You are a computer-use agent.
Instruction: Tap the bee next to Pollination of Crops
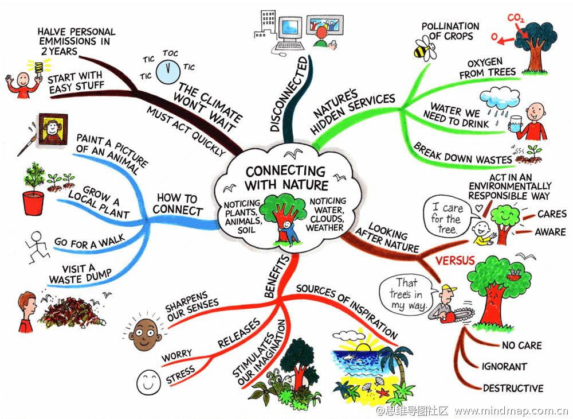click(425, 49)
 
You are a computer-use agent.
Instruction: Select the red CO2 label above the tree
click(516, 18)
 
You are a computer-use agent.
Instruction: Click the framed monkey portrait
click(53, 129)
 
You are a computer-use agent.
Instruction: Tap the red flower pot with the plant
click(33, 203)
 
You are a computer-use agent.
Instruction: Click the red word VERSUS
click(455, 261)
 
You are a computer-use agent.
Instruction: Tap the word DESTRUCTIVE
click(513, 388)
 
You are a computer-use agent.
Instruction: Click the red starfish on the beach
click(383, 394)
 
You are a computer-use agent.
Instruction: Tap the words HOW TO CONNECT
click(178, 204)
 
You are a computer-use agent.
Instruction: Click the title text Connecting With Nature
click(286, 178)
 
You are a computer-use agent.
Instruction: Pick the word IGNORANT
click(504, 367)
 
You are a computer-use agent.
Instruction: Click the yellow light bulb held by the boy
click(38, 68)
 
